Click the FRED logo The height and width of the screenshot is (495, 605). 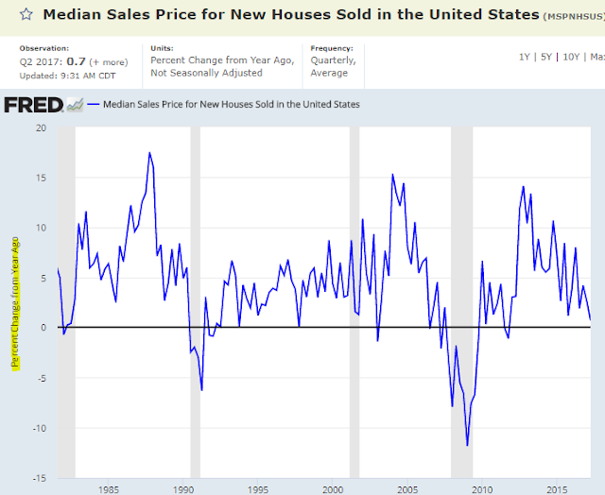(33, 104)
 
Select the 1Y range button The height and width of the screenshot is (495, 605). (524, 57)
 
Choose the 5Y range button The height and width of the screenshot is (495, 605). (547, 57)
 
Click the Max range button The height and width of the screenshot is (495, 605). (597, 57)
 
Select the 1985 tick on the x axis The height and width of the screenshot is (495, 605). (108, 489)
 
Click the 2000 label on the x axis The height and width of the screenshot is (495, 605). (332, 489)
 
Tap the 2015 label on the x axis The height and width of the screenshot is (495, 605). (555, 489)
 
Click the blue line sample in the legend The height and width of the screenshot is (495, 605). (91, 105)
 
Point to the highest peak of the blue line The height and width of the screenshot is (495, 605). (149, 153)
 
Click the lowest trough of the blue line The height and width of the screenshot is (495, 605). (467, 445)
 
